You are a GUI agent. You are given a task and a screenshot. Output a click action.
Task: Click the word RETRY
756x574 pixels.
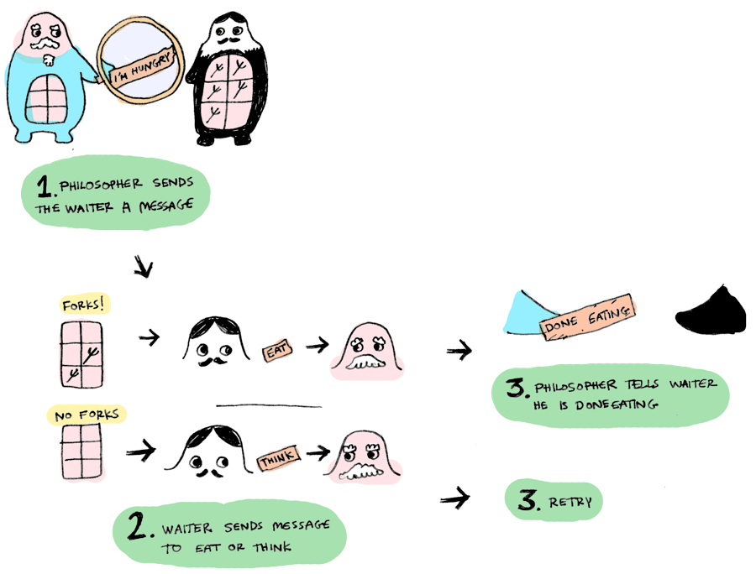click(570, 503)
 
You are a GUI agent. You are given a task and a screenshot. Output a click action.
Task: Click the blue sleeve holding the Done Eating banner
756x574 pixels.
click(526, 312)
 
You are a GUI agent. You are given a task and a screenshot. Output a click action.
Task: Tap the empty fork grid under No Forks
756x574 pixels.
click(82, 451)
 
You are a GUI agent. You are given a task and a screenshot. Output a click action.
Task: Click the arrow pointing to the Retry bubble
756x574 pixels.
click(454, 499)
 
